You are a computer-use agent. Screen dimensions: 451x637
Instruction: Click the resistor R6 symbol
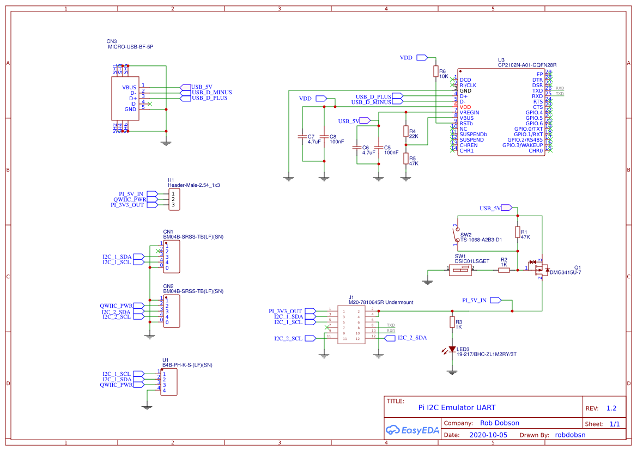click(435, 71)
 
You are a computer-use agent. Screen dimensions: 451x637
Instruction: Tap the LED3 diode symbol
click(451, 349)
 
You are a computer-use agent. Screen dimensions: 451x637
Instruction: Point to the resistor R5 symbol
click(405, 159)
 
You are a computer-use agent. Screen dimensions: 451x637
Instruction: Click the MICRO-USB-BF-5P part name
click(131, 47)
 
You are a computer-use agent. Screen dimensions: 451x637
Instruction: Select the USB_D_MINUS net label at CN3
click(211, 93)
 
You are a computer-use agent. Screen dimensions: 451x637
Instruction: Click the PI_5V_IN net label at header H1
click(131, 194)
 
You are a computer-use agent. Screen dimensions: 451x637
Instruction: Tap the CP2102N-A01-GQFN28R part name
click(527, 65)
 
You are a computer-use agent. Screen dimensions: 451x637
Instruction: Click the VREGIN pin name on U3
click(470, 112)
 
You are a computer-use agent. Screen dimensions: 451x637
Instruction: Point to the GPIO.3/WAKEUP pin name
click(522, 145)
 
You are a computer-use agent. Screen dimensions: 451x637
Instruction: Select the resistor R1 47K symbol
click(517, 233)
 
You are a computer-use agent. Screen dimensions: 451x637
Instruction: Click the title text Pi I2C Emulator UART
click(457, 407)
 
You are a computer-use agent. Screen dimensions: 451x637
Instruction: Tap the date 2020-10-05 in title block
click(488, 435)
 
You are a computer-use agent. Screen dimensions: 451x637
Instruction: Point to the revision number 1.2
click(611, 408)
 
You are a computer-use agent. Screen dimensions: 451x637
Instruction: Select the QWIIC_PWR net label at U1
click(116, 385)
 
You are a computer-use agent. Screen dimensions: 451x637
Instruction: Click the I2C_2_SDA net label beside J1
click(412, 338)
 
